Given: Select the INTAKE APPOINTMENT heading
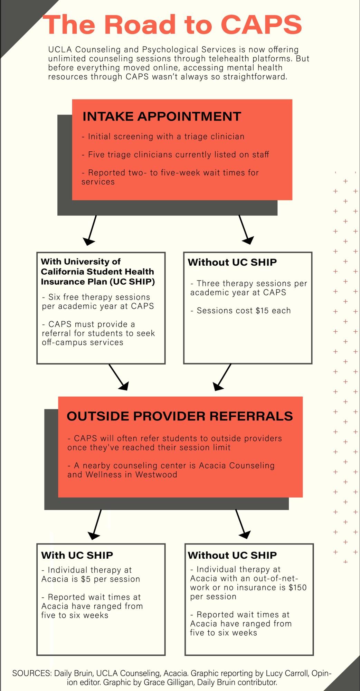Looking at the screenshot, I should coord(162,116).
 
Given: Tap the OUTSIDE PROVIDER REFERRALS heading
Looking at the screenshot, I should coord(180,416).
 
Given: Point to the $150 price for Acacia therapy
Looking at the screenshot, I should coord(297,588).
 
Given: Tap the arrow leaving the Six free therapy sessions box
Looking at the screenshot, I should coord(119,377).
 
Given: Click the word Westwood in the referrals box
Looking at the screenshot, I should coord(156,474).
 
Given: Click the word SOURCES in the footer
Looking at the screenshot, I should coord(32,673).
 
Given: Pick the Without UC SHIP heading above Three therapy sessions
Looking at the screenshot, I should coord(232,262).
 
